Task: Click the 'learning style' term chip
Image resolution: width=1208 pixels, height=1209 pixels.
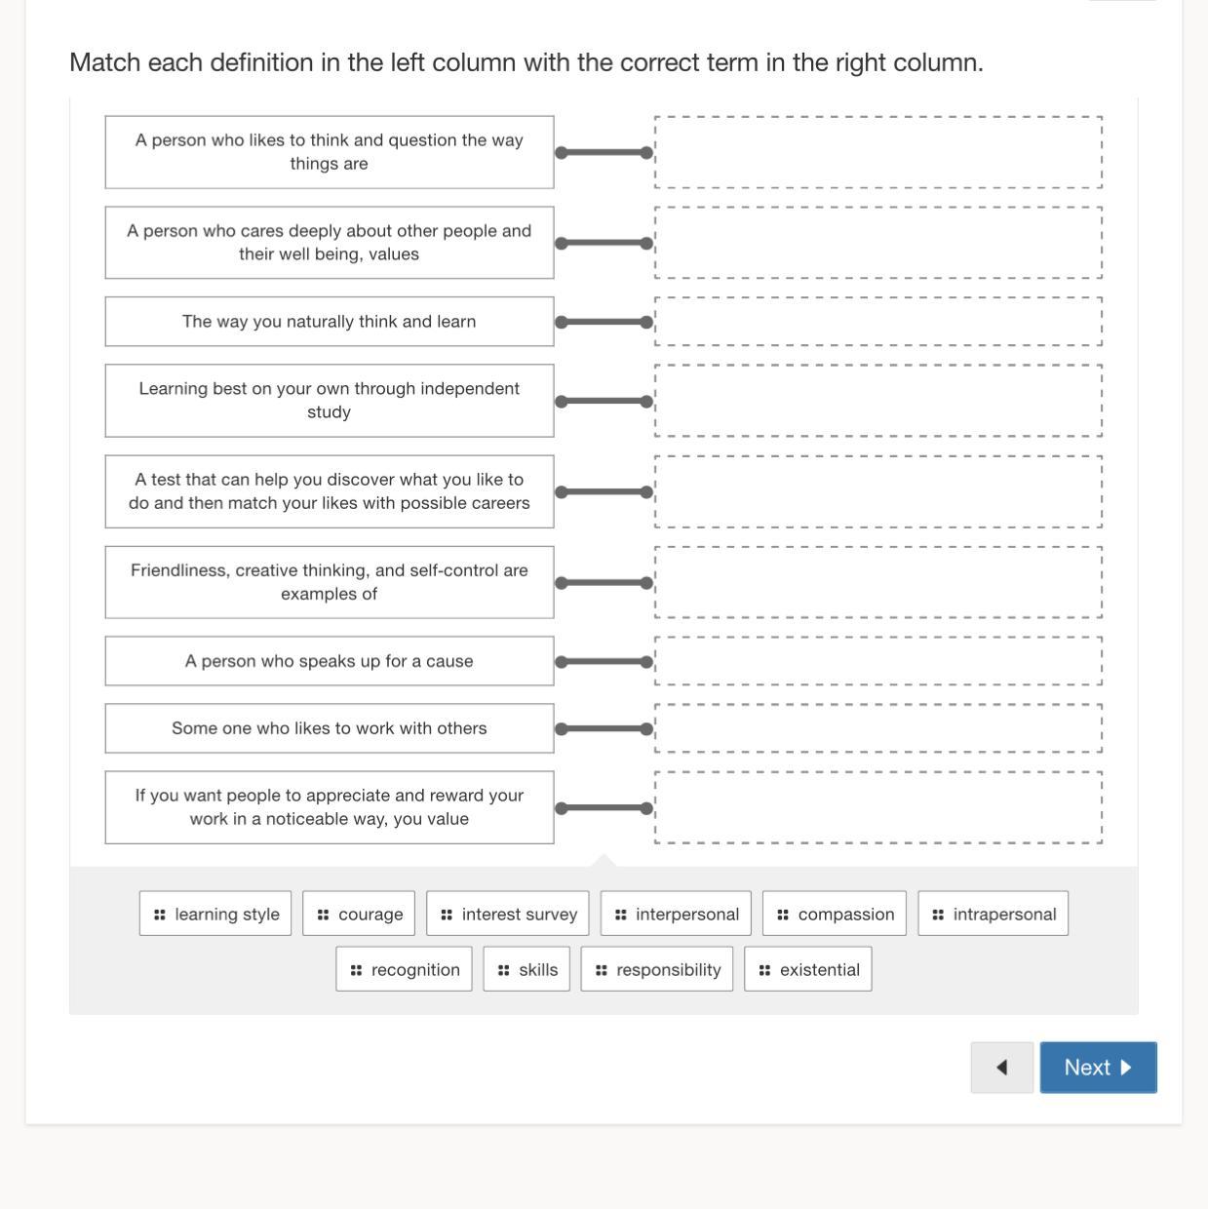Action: click(x=215, y=914)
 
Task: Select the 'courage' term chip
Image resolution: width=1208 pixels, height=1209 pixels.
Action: click(x=359, y=914)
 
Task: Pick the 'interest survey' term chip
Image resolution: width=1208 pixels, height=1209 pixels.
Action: click(x=508, y=914)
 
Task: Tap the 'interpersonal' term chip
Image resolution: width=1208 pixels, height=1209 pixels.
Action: click(x=676, y=914)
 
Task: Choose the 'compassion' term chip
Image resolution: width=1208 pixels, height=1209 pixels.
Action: click(x=835, y=914)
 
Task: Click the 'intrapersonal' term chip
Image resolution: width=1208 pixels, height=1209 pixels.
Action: click(x=993, y=914)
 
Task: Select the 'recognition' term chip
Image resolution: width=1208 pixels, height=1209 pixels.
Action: click(x=404, y=969)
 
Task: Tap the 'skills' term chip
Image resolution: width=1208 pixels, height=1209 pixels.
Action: click(x=526, y=969)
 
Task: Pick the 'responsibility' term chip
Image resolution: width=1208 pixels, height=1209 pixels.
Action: click(x=657, y=969)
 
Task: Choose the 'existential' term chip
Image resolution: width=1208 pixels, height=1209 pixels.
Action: click(x=808, y=969)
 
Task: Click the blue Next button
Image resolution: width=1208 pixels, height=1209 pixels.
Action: click(x=1098, y=1067)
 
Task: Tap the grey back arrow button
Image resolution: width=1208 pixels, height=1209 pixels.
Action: click(x=1002, y=1067)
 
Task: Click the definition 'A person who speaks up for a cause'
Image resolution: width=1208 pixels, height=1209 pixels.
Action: click(x=330, y=661)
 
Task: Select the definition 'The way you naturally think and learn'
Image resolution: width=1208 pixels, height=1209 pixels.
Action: click(x=330, y=322)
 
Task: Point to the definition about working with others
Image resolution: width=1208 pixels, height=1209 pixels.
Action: click(x=330, y=728)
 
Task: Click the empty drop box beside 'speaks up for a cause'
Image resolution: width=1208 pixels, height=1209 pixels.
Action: click(x=878, y=661)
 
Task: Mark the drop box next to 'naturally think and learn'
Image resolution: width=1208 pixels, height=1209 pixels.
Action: click(x=878, y=322)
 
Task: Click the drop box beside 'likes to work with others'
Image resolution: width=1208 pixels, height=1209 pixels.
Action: click(x=878, y=728)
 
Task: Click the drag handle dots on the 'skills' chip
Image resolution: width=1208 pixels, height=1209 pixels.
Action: click(x=503, y=970)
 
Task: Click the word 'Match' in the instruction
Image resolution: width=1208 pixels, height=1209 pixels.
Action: click(x=104, y=62)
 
